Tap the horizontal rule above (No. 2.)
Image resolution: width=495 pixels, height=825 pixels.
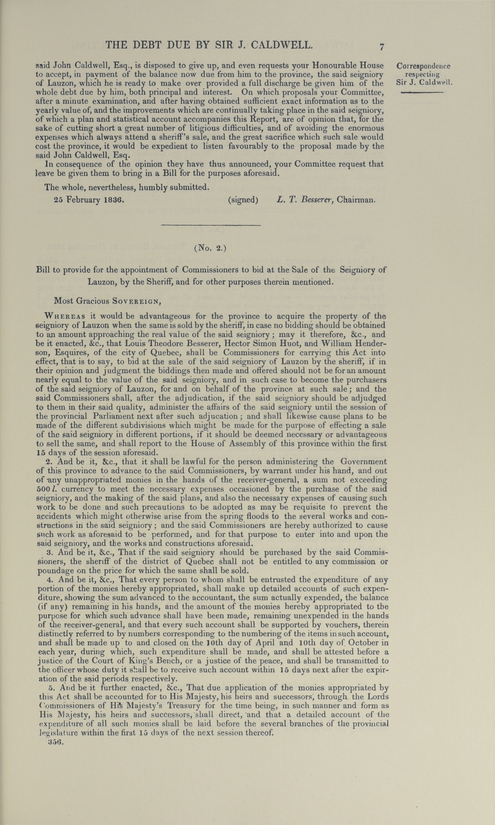coord(211,226)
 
